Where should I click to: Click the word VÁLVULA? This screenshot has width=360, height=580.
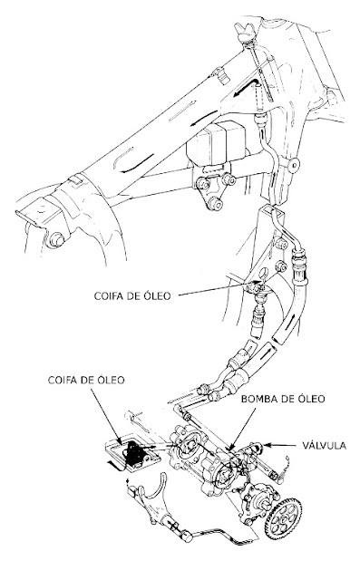tap(324, 445)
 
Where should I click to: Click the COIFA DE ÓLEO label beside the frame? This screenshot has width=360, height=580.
tap(132, 295)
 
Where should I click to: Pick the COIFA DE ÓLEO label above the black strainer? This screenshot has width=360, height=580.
tap(86, 380)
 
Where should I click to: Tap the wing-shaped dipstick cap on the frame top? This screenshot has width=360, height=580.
tap(245, 33)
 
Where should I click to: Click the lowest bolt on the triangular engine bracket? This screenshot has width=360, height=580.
tap(216, 204)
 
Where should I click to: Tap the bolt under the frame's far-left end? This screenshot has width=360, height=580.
tap(55, 239)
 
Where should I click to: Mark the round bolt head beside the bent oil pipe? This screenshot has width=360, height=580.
tap(294, 164)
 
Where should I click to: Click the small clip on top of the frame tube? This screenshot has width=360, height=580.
tap(220, 75)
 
